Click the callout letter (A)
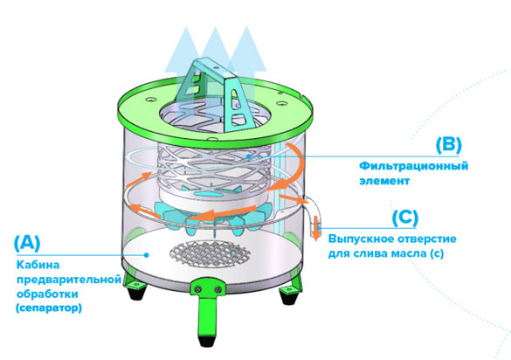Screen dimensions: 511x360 (x=27, y=243)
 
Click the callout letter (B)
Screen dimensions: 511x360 (x=449, y=145)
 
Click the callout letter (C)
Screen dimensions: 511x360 (x=405, y=218)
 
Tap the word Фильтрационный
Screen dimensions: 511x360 (x=413, y=166)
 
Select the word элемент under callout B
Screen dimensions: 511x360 (x=384, y=181)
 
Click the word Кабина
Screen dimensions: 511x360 (x=38, y=265)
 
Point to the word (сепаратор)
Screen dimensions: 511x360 (x=49, y=308)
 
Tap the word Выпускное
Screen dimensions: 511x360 (x=358, y=239)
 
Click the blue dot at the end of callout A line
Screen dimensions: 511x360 (x=147, y=254)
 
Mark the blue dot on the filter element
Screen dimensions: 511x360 (x=249, y=156)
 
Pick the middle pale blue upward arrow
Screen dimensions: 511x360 (x=215, y=59)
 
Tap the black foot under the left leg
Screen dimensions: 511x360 (x=136, y=291)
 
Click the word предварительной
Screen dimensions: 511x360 (x=69, y=280)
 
